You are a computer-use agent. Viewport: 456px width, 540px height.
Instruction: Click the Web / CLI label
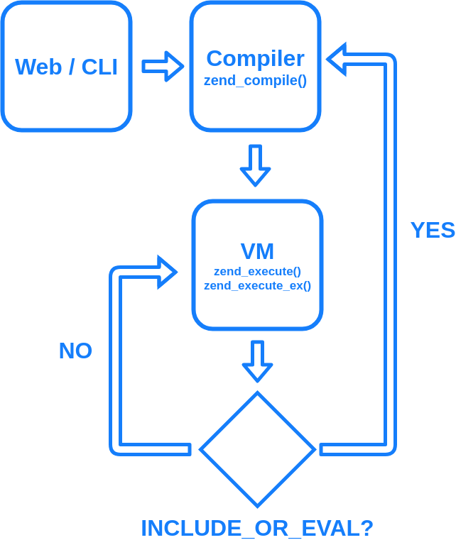pos(66,67)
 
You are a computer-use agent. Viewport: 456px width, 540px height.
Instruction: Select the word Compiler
pos(255,58)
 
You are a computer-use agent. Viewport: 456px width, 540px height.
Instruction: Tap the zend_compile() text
pos(255,80)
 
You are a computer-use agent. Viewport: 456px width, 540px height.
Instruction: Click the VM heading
pos(257,251)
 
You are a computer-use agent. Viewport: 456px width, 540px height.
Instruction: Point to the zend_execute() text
pos(257,271)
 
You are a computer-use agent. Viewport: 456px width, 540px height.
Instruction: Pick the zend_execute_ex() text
pos(257,285)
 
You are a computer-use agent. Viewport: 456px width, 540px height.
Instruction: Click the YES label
pos(433,230)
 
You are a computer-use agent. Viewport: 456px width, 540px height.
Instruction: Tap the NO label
pos(75,351)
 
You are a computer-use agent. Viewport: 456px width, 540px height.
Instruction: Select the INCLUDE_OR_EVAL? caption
pos(257,528)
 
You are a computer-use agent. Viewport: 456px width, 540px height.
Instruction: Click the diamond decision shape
pos(257,449)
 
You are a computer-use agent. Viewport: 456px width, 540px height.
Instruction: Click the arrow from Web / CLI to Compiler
pos(163,67)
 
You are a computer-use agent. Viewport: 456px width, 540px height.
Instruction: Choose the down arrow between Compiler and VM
pos(255,165)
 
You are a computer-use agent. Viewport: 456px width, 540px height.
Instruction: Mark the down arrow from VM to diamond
pos(257,361)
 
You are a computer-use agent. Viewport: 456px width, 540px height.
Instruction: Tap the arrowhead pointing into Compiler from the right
pos(337,59)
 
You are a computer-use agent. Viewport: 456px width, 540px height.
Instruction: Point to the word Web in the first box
pos(33,67)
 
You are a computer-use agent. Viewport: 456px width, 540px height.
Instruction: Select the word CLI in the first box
pos(99,67)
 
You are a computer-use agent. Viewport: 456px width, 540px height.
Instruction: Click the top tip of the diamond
pos(257,395)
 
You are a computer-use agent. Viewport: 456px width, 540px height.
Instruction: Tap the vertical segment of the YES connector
pos(390,255)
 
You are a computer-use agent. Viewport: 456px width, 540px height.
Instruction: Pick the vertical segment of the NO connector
pos(115,362)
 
